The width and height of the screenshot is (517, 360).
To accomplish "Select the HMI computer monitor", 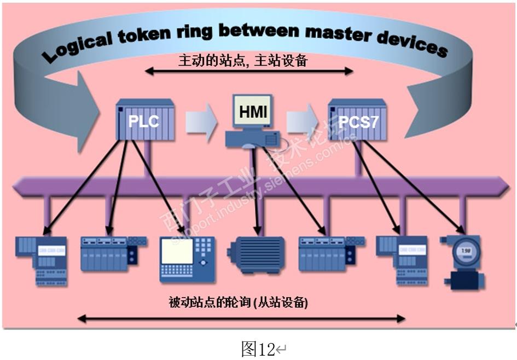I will click(253, 113).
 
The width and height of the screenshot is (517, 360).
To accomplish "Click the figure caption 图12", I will click(258, 348).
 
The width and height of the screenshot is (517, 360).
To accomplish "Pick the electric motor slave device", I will click(256, 254).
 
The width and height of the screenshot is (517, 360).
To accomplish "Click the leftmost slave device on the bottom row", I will click(42, 260).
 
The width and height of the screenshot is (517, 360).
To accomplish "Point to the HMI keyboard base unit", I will click(253, 140).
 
